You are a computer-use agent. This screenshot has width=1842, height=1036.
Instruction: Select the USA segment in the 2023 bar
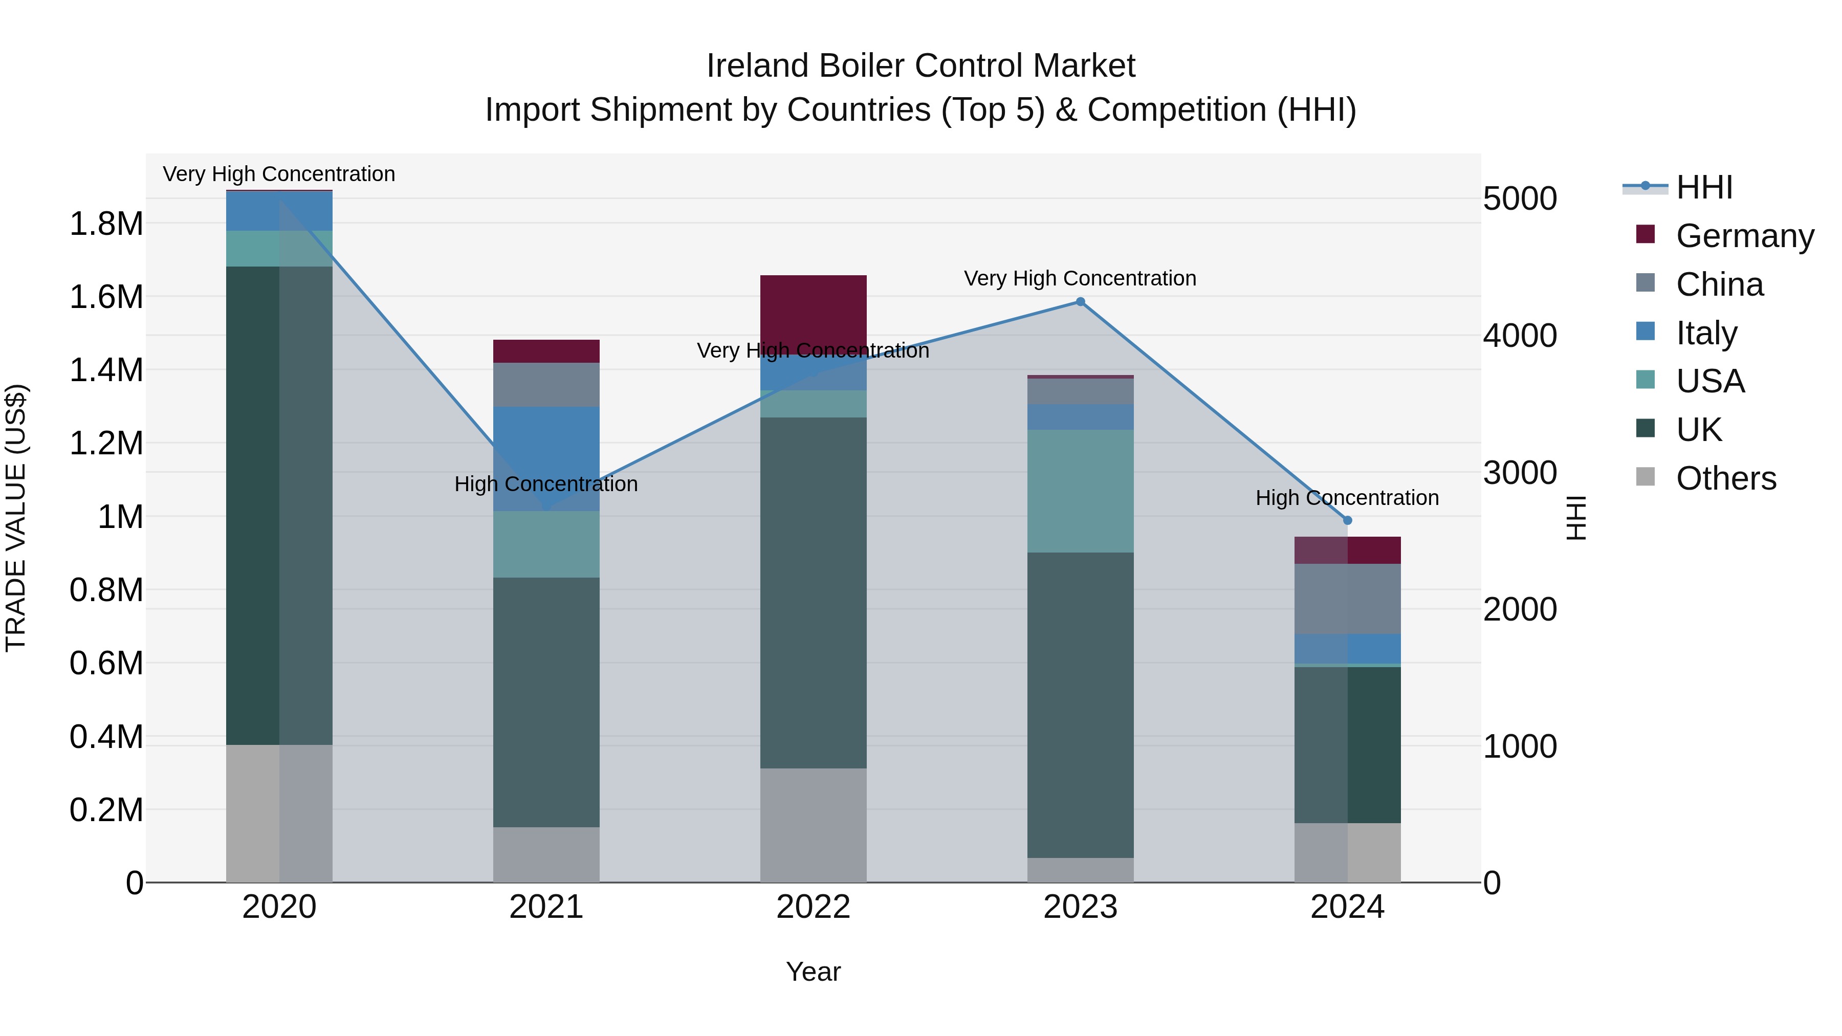coord(1080,491)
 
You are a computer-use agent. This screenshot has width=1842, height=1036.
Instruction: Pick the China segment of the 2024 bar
coord(1347,599)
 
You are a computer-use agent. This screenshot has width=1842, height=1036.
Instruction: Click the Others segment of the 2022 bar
coord(813,825)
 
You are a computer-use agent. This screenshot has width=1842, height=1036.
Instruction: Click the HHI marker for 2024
coord(1347,520)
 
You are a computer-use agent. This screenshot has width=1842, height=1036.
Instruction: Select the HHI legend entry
coord(1704,187)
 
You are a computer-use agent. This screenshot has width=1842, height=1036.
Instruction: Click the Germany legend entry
coord(1744,236)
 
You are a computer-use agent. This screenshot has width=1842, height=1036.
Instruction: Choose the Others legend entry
coord(1725,478)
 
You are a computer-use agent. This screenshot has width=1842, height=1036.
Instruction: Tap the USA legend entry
coord(1709,381)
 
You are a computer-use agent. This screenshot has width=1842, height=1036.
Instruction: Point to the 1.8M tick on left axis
coord(106,224)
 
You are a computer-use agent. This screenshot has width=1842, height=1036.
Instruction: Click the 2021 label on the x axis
coord(546,907)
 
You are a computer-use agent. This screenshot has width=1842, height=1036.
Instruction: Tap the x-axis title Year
coord(813,972)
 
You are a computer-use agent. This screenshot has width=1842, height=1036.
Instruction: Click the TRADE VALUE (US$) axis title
coord(16,518)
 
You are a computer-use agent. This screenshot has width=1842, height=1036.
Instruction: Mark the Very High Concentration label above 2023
coord(1080,278)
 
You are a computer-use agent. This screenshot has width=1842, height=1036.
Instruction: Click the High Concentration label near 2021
coord(546,484)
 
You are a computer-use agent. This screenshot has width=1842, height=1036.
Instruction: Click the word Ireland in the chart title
coord(757,66)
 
